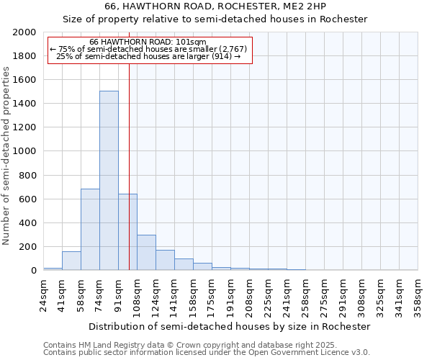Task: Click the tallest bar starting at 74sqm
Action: pyautogui.click(x=109, y=180)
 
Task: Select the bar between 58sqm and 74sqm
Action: pyautogui.click(x=90, y=229)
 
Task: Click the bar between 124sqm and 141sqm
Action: pyautogui.click(x=165, y=260)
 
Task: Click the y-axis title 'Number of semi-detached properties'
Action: pyautogui.click(x=7, y=155)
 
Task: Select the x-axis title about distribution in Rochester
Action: pyautogui.click(x=230, y=326)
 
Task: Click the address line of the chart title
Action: pyautogui.click(x=215, y=6)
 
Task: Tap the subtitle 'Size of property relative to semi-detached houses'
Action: pyautogui.click(x=215, y=19)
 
